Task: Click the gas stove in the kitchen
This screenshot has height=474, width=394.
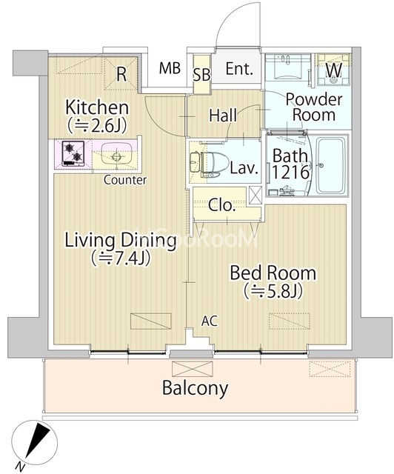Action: coord(73,153)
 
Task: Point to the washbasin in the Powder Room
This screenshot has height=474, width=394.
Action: coord(287,67)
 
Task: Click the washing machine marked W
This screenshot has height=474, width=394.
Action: coord(334,70)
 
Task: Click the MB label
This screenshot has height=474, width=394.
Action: coord(170,68)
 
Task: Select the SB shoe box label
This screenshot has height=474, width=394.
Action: coord(201,75)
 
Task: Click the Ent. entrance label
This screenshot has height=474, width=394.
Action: coord(239,69)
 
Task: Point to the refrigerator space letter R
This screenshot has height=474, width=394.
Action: coord(121,75)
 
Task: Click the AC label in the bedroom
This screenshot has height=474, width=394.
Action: coord(210,321)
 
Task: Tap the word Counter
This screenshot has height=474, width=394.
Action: coord(125,180)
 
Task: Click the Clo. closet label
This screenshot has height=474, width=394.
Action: coord(222,206)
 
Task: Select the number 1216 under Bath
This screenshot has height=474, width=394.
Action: coord(291,173)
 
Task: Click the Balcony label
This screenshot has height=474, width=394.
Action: coord(195,388)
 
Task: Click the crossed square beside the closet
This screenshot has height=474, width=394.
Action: coord(255,196)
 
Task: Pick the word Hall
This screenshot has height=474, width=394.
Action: coord(224,116)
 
